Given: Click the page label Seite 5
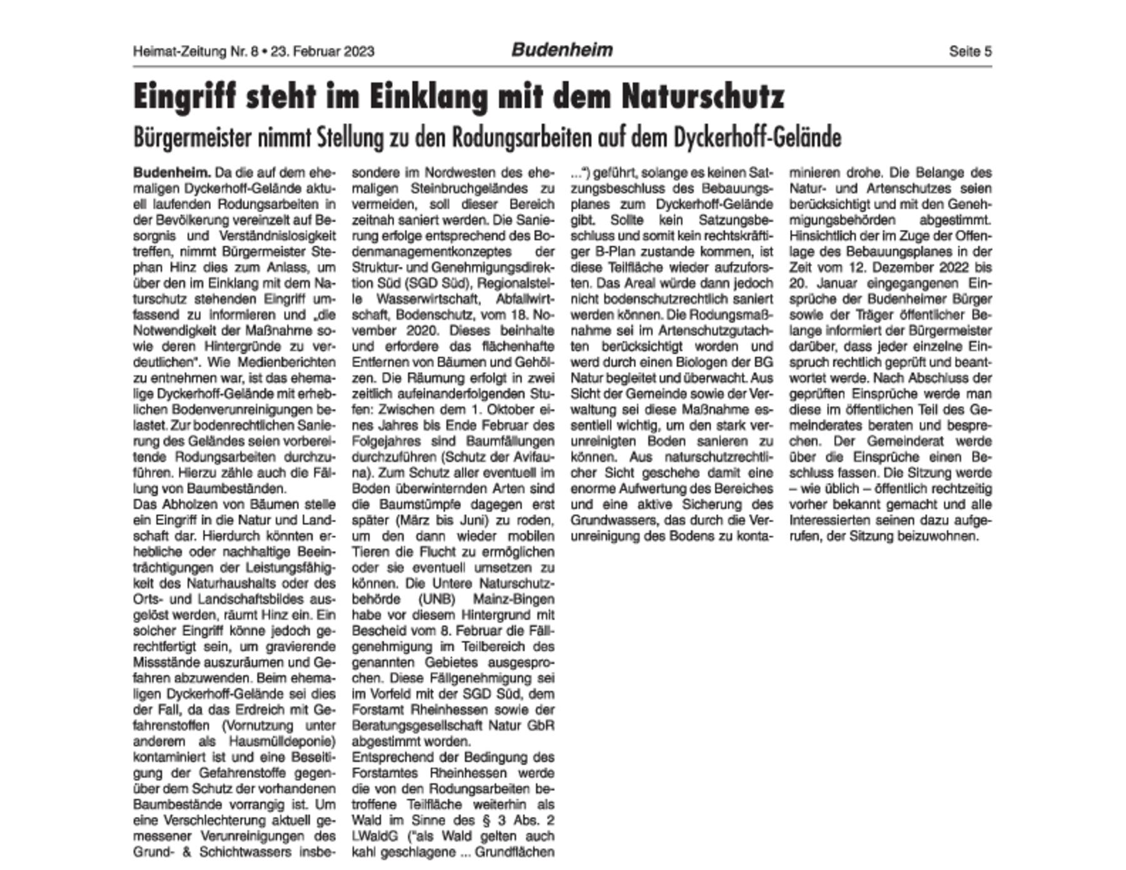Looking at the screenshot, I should pyautogui.click(x=970, y=51).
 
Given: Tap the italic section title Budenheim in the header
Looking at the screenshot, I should pyautogui.click(x=562, y=50).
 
